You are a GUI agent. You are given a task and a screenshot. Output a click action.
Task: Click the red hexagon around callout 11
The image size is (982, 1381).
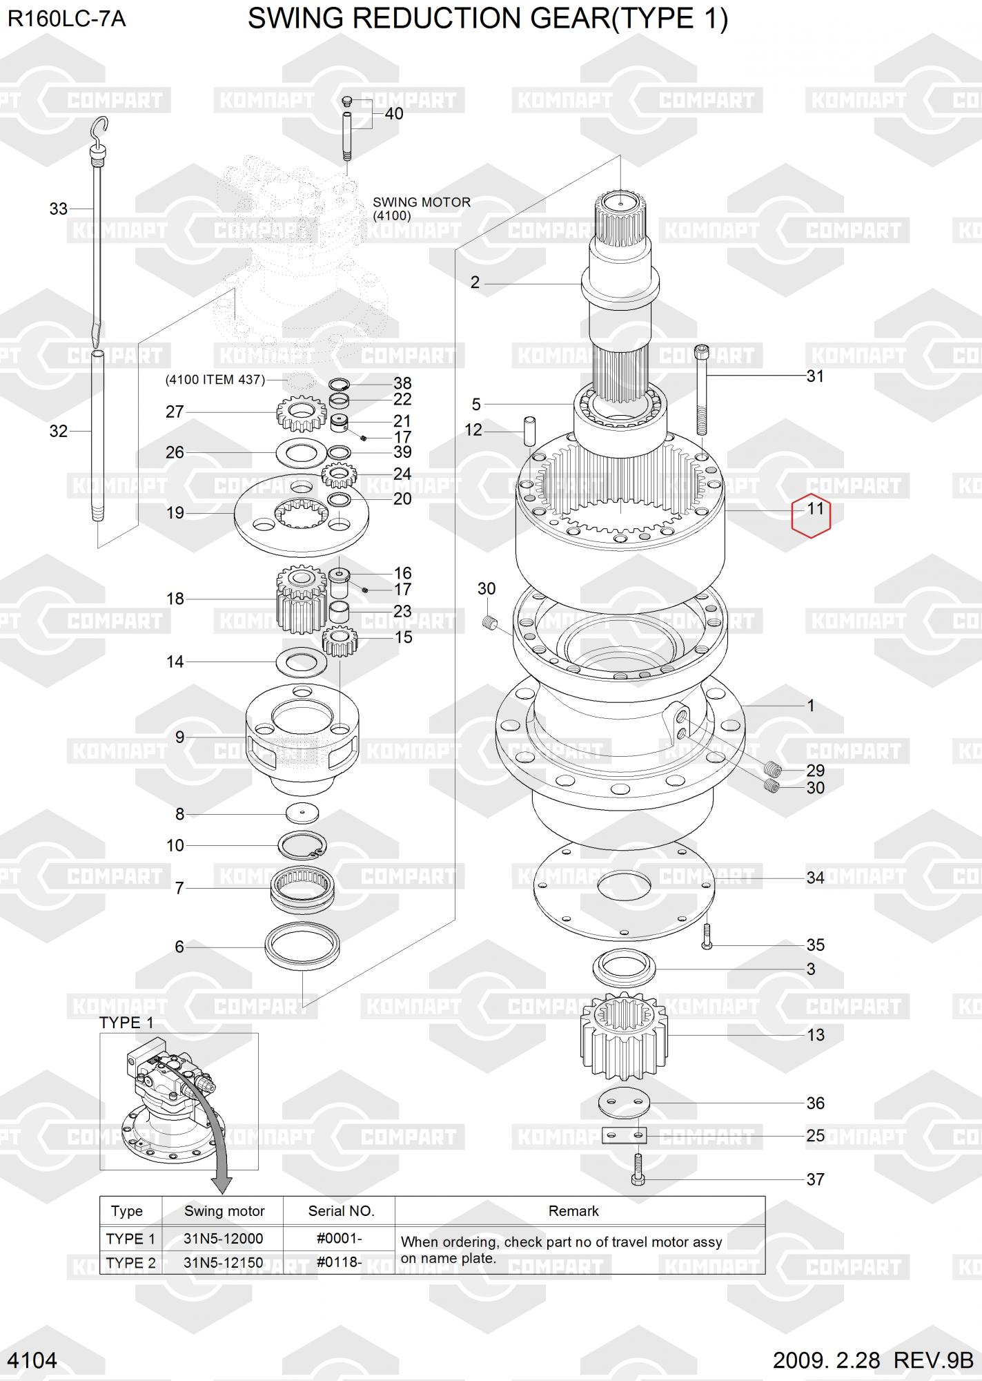[x=792, y=516]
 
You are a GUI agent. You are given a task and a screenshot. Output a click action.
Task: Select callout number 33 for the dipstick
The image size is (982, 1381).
[x=58, y=209]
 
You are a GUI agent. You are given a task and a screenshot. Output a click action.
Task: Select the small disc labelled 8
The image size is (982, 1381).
[x=302, y=813]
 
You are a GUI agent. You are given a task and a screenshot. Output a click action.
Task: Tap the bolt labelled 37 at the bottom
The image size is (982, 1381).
[x=638, y=1169]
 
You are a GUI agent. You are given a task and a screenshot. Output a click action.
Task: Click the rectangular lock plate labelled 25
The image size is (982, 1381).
[x=625, y=1135]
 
